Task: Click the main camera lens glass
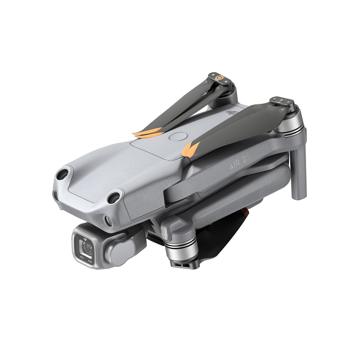[87, 247]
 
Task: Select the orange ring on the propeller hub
[219, 78]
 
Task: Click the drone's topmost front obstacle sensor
[62, 173]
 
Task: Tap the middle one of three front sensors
[114, 198]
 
